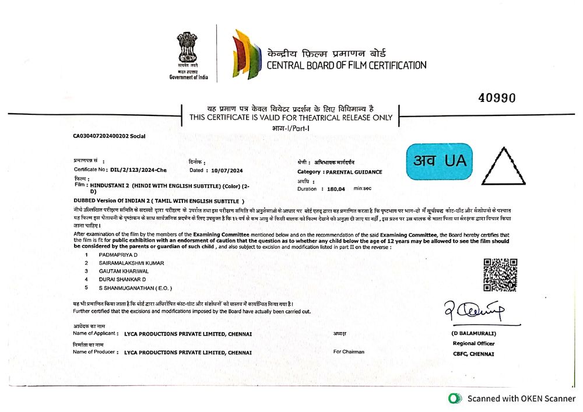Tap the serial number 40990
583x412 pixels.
(497, 98)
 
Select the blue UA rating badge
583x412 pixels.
(438, 161)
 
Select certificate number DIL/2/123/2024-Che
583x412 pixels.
(137, 170)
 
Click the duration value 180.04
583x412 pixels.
(336, 189)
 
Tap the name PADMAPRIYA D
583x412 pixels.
(118, 255)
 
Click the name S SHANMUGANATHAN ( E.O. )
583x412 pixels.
(135, 288)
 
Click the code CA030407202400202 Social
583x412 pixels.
(109, 136)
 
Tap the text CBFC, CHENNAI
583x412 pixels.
(473, 354)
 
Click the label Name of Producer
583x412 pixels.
(94, 353)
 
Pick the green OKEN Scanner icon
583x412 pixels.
(454, 399)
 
